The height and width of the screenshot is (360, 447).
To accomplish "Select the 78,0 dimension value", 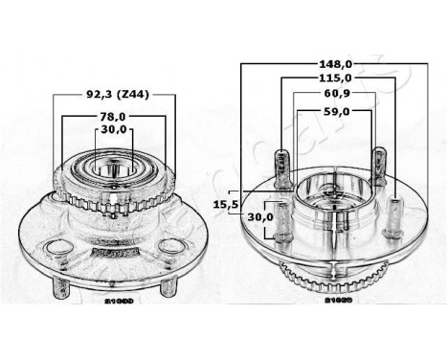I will click(x=113, y=116).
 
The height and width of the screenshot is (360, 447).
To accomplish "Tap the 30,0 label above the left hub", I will click(x=113, y=130).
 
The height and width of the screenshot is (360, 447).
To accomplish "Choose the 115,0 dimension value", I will click(x=334, y=79).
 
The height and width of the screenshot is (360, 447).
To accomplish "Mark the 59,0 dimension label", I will click(x=334, y=112).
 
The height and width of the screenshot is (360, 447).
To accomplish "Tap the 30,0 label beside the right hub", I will click(x=260, y=217).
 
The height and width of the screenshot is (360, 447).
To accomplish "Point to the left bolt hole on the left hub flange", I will click(x=60, y=248).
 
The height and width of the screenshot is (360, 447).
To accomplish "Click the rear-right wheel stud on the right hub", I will click(x=379, y=162).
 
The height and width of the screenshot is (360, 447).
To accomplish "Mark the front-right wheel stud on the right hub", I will click(x=396, y=216).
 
